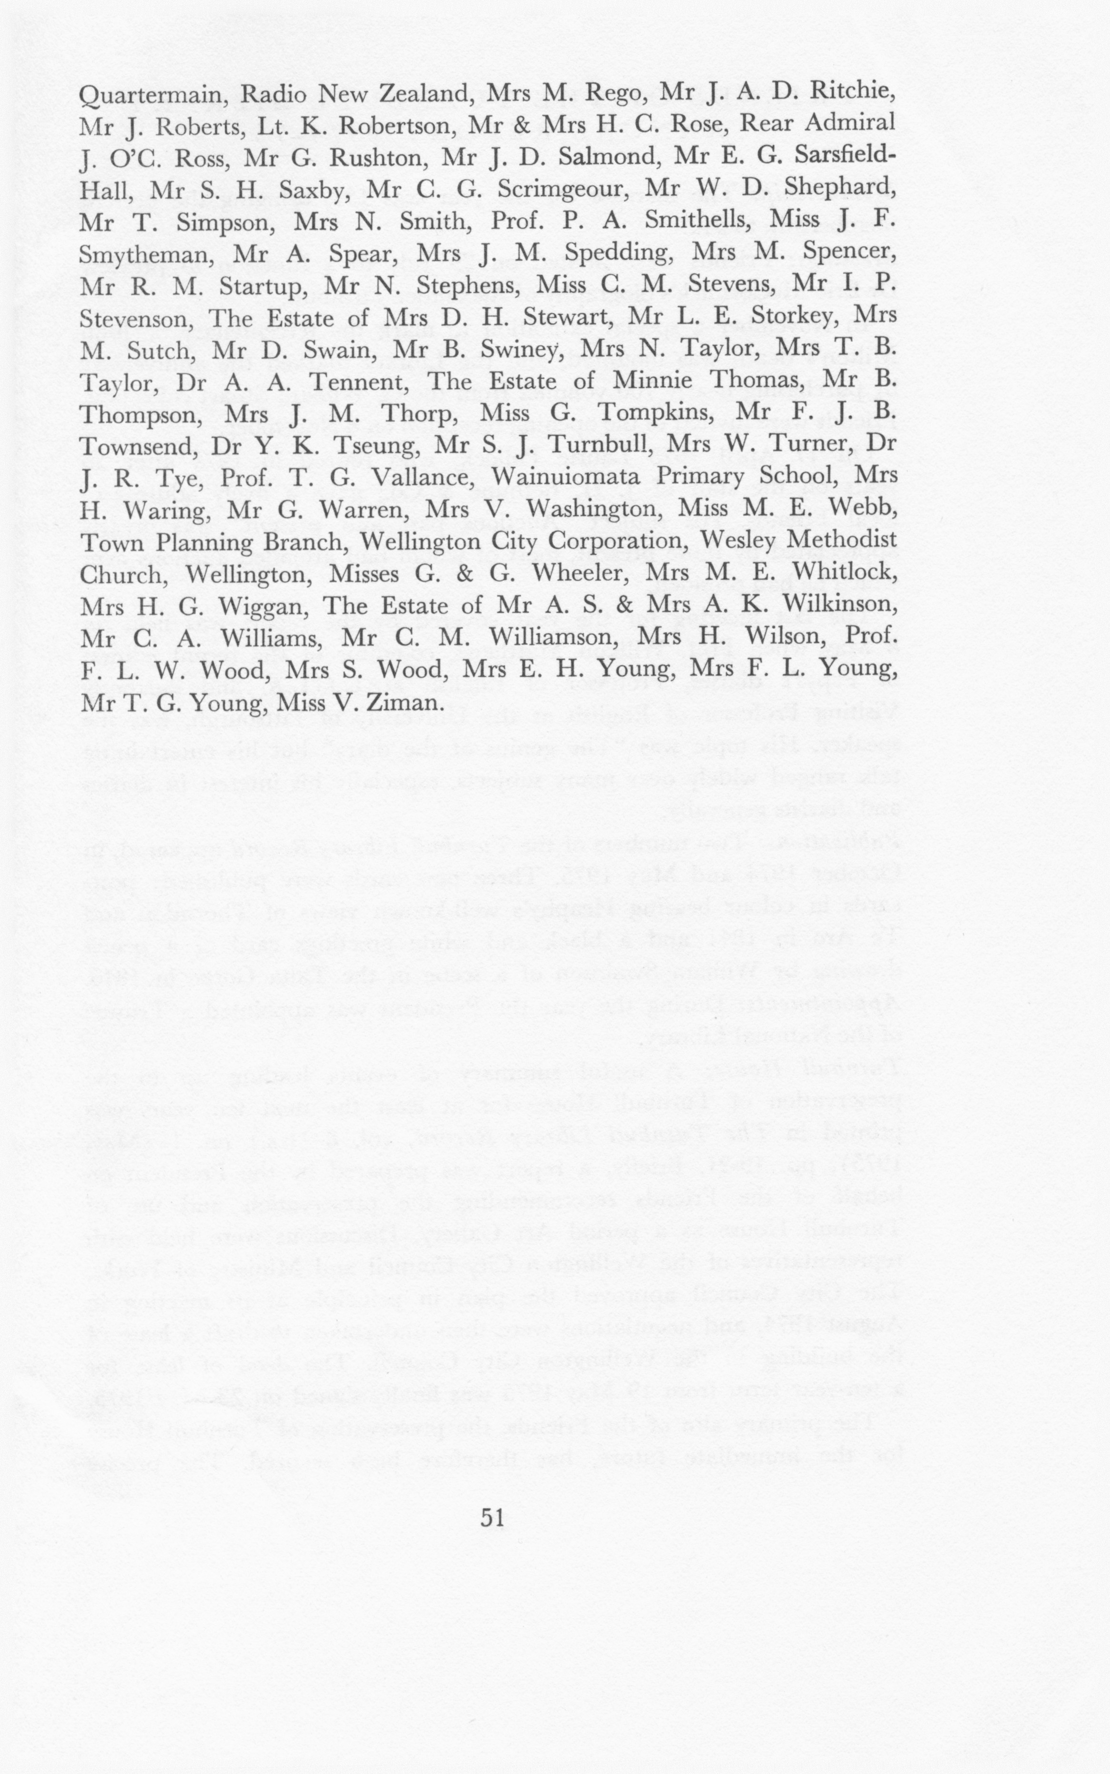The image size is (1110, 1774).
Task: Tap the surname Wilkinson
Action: pos(839,605)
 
